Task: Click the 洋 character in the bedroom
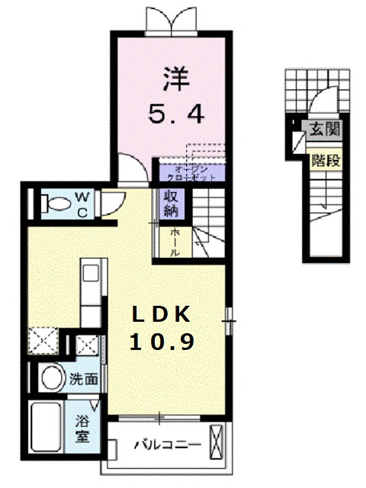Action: click(x=175, y=79)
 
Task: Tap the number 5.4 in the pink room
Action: click(x=175, y=115)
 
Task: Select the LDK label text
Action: click(x=160, y=315)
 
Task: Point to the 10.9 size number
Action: click(x=161, y=342)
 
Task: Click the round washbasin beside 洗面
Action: click(x=52, y=377)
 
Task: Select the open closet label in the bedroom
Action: click(x=187, y=170)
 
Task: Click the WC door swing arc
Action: click(x=111, y=201)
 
